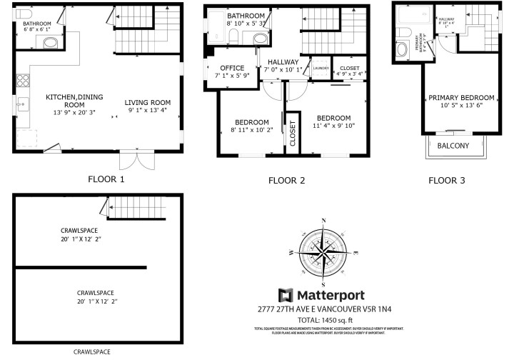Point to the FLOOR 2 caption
coord(286,181)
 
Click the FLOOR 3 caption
coord(446,181)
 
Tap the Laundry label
coord(321,69)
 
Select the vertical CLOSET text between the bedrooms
coord(293,134)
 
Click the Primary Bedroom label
coord(461,102)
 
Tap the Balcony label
coord(453,146)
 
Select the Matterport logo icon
coord(286,296)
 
